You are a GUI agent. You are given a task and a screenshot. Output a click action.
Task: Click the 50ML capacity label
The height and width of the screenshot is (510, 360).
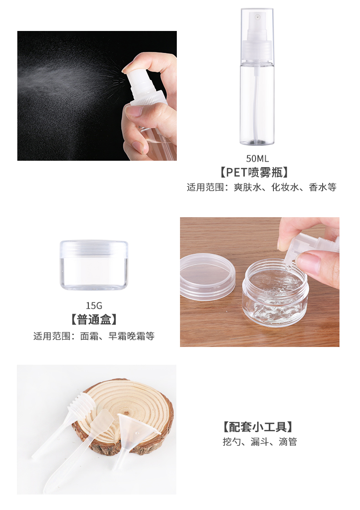tap(257, 158)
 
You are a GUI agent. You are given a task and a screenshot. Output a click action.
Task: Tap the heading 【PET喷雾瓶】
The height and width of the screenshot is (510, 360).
tap(254, 173)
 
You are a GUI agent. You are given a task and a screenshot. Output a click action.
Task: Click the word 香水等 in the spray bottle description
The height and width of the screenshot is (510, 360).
tap(323, 187)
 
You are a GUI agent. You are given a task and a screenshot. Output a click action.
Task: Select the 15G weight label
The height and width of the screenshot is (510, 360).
tap(94, 306)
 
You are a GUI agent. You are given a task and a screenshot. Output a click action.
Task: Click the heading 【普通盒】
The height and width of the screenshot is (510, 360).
tap(94, 319)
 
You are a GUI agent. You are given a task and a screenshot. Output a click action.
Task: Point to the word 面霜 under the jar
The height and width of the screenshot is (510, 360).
tap(89, 336)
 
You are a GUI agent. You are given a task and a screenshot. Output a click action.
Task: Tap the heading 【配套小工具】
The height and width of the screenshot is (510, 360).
tap(257, 427)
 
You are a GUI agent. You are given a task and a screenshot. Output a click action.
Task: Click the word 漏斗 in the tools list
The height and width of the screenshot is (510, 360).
tap(260, 442)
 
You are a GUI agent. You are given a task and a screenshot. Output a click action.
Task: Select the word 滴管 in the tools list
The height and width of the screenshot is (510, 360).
tap(288, 442)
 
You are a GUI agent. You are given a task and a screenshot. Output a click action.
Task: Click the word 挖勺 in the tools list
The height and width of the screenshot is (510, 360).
tap(232, 442)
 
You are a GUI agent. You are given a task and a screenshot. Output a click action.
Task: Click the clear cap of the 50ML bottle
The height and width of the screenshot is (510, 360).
tap(257, 36)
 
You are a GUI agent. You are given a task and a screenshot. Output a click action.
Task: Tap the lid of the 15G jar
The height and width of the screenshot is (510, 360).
tap(94, 248)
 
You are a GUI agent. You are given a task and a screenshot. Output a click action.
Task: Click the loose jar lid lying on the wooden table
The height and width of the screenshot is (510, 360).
tap(207, 276)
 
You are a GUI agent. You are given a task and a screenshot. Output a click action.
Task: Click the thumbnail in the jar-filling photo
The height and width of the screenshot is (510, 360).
tap(308, 264)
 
